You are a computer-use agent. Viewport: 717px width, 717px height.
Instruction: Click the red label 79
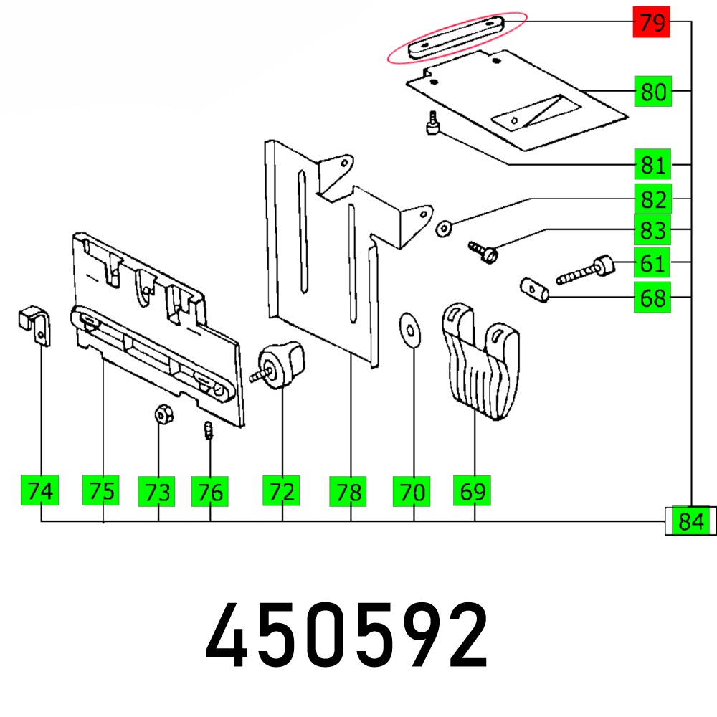651,22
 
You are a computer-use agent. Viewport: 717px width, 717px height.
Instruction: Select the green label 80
653,92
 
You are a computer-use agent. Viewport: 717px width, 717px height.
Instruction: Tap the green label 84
690,521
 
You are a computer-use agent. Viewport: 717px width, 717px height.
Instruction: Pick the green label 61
652,262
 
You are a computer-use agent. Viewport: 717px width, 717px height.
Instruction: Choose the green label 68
652,298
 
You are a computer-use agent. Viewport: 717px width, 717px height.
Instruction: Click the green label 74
39,490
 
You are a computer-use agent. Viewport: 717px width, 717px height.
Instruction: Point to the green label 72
281,490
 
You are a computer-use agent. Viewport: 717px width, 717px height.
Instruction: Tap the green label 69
472,490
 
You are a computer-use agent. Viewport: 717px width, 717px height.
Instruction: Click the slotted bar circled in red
456,37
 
